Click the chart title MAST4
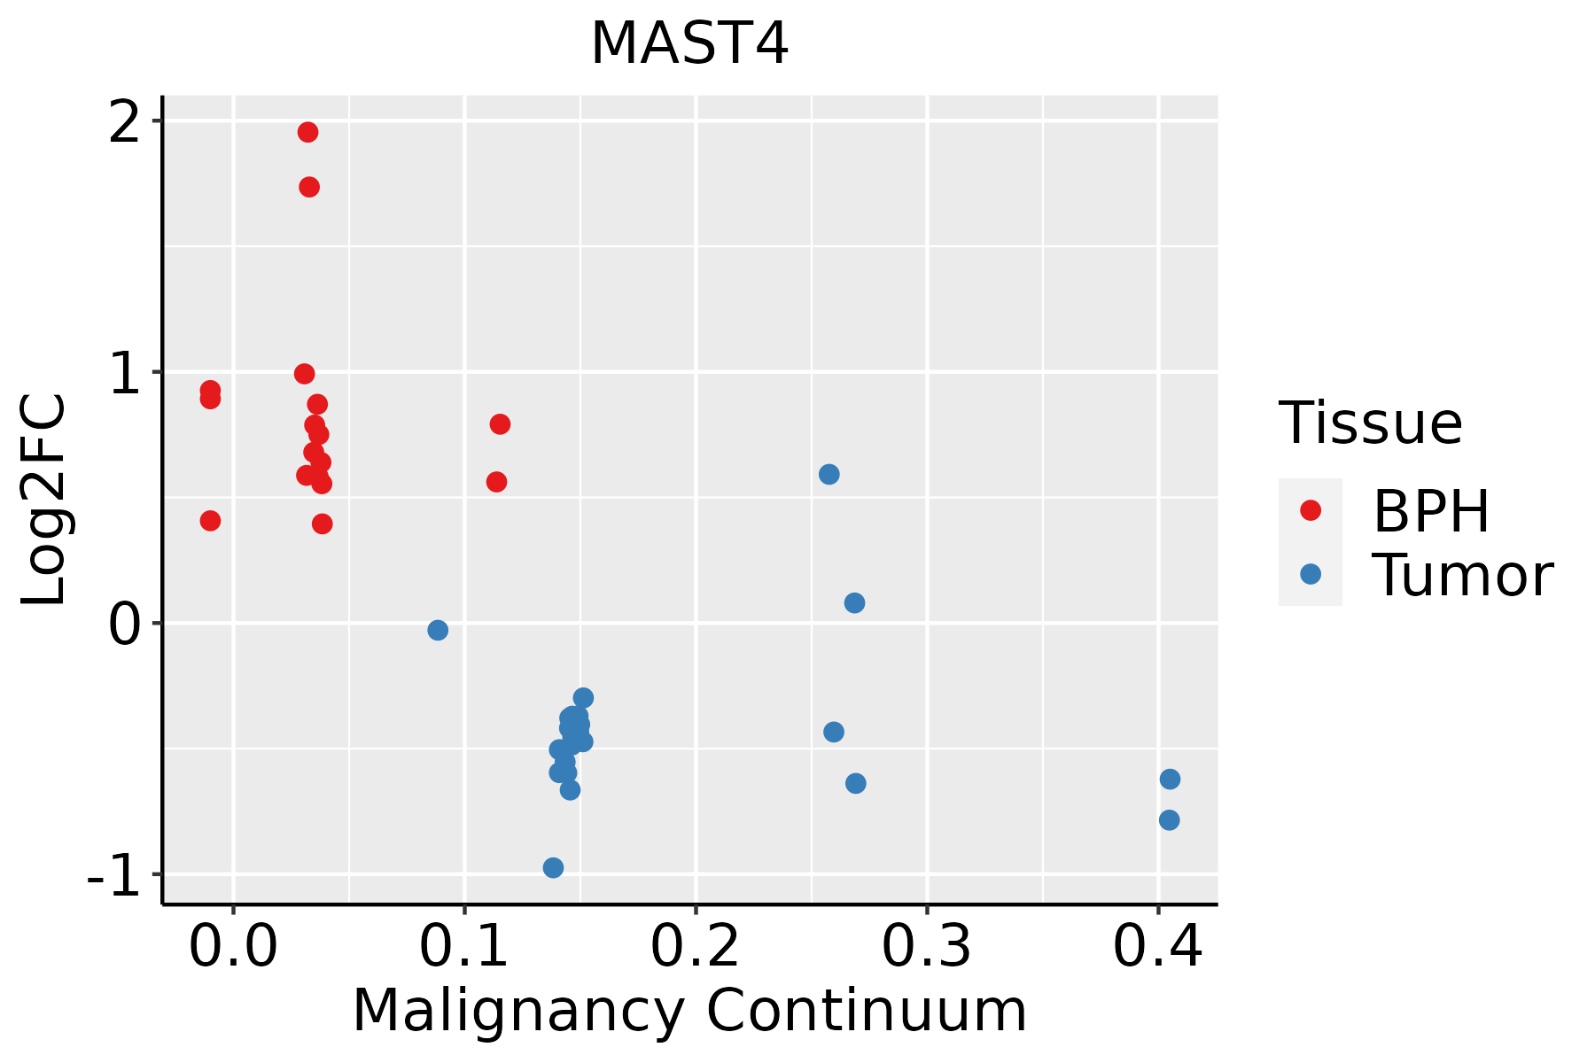pyautogui.click(x=689, y=44)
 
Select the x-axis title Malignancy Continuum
pyautogui.click(x=689, y=1011)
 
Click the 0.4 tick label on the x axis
pyautogui.click(x=1157, y=948)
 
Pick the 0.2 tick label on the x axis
pyautogui.click(x=696, y=948)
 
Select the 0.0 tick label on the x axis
pyautogui.click(x=233, y=948)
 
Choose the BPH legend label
pyautogui.click(x=1431, y=511)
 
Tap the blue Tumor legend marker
pyautogui.click(x=1310, y=574)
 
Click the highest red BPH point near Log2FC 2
pyautogui.click(x=307, y=132)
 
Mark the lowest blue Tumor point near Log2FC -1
pyautogui.click(x=553, y=867)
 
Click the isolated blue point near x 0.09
pyautogui.click(x=438, y=630)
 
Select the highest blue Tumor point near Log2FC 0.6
pyautogui.click(x=829, y=474)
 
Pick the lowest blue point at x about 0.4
pyautogui.click(x=1169, y=820)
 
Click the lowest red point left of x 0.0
pyautogui.click(x=210, y=520)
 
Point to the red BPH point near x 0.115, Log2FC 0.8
pyautogui.click(x=500, y=424)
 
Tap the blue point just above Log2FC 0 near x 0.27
pyautogui.click(x=854, y=603)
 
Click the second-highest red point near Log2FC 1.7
pyautogui.click(x=309, y=187)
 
